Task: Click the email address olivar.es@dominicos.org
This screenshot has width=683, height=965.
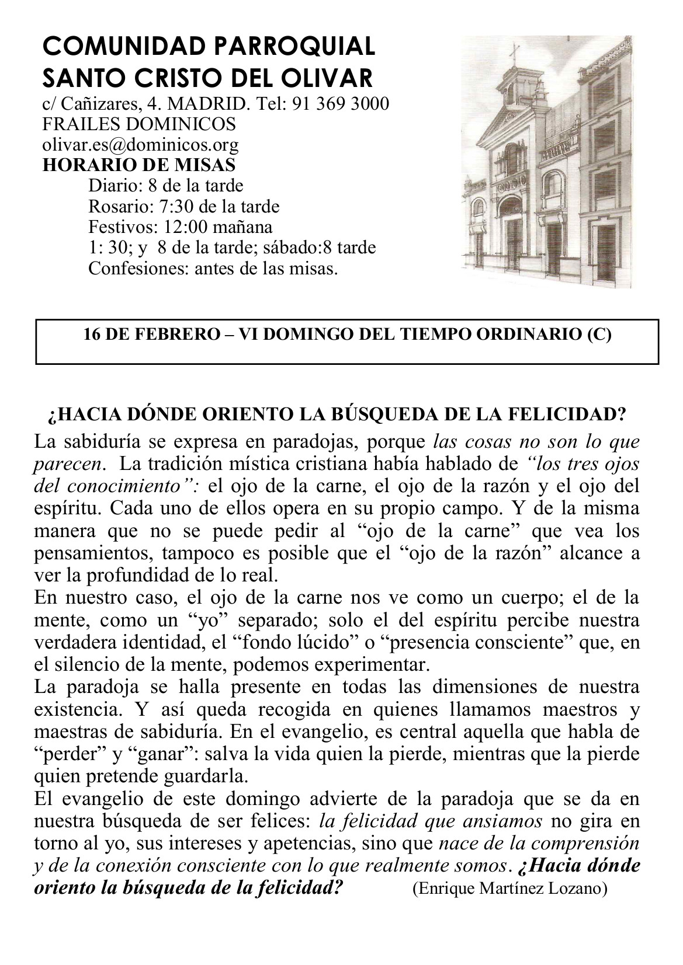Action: [140, 144]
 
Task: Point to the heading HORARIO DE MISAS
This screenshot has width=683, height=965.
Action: [139, 165]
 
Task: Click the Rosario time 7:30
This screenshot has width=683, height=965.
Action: [176, 206]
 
